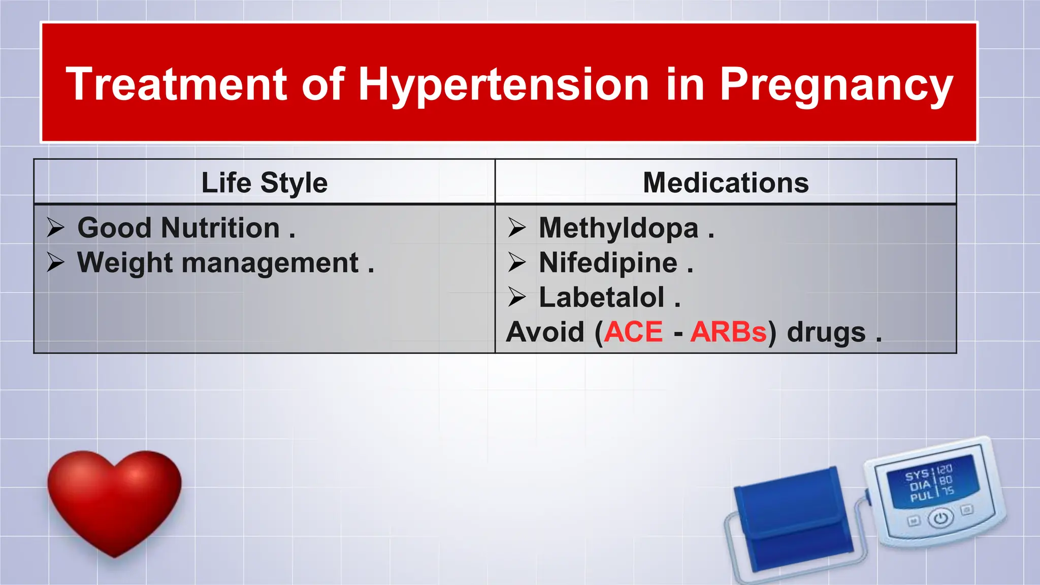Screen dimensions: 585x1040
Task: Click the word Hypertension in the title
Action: click(x=503, y=85)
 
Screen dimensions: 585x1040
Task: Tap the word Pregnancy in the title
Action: click(x=836, y=85)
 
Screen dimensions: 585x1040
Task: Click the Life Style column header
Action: click(x=264, y=183)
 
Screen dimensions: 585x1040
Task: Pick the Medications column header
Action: click(x=726, y=183)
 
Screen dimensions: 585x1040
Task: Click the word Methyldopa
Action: click(x=619, y=228)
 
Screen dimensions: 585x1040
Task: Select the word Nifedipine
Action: click(x=608, y=263)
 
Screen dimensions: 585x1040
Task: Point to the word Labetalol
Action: click(x=601, y=298)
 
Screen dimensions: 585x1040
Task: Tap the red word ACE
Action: click(x=634, y=332)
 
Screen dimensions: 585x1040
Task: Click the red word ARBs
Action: click(x=728, y=332)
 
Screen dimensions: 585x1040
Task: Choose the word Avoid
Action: click(x=545, y=332)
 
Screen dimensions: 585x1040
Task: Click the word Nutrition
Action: click(x=220, y=228)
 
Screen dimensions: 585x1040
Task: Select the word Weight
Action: click(x=125, y=263)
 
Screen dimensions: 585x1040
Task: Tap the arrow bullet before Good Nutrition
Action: click(x=55, y=227)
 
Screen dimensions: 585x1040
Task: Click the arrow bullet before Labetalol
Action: click(x=517, y=297)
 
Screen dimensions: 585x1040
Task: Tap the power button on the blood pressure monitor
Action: click(x=941, y=518)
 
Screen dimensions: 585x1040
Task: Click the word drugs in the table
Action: click(x=826, y=332)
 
